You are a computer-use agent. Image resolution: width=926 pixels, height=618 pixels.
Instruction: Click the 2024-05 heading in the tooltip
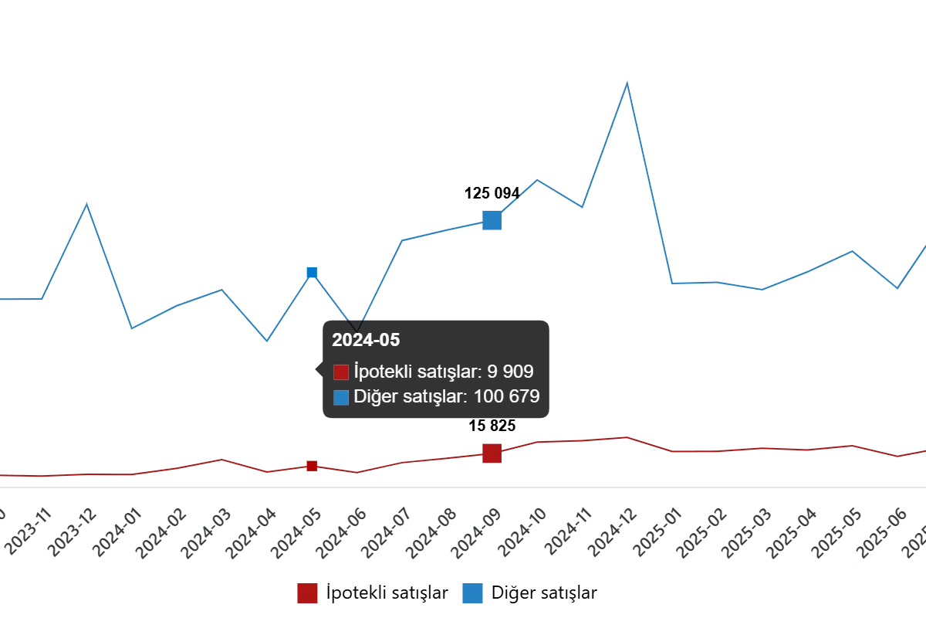366,340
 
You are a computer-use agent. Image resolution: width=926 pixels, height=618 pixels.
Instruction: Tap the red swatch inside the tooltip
341,372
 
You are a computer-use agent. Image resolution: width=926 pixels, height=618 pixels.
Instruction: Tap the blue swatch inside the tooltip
341,398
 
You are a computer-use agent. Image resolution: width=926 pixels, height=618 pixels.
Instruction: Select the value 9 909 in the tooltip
510,372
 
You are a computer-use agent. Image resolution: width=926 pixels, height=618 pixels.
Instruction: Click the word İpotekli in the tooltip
380,372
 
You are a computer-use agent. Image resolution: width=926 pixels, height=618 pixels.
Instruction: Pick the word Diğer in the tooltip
372,397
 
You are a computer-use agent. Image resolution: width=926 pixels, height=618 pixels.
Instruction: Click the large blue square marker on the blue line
492,221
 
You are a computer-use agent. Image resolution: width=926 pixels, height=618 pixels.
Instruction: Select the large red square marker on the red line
492,453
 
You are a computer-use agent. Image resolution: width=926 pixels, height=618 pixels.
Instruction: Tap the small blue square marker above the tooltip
312,272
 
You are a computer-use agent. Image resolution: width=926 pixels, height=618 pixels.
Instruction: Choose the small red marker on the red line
312,466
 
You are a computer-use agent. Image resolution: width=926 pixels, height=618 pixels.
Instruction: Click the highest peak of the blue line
627,83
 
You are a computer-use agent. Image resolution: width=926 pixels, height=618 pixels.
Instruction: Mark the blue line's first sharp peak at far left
86,205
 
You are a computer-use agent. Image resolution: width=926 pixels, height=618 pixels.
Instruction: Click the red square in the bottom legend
307,593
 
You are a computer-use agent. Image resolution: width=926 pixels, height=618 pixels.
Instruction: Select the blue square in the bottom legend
472,593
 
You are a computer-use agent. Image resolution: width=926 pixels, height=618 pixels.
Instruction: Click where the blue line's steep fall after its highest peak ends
671,281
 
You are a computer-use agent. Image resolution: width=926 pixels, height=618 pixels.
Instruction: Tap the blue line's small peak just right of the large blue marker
538,181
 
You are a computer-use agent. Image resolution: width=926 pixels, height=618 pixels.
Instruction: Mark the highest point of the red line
627,437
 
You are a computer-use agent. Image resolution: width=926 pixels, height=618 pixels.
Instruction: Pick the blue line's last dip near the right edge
896,288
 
